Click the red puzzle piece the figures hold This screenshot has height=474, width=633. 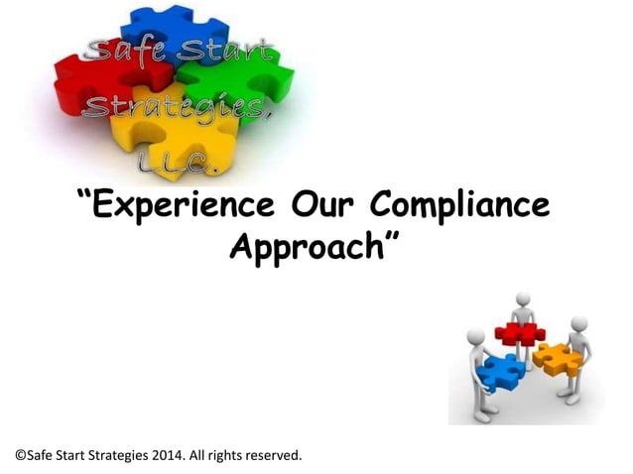point(519,333)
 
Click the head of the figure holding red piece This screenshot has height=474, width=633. point(524,298)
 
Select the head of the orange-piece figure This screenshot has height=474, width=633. point(579,324)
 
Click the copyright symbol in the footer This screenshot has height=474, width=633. point(21,455)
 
